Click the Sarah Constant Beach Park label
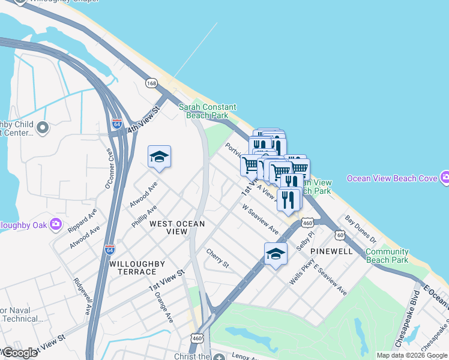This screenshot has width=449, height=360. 208,111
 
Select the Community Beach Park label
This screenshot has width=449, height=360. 387,256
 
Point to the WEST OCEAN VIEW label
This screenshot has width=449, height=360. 177,227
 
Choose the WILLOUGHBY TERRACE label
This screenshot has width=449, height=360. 133,268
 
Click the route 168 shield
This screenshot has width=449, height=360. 151,82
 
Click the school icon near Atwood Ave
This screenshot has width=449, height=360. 159,157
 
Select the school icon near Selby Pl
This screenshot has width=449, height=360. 276,254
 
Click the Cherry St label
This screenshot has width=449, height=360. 218,259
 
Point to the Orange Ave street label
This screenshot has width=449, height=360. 163,307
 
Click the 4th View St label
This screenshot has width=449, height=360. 145,121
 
